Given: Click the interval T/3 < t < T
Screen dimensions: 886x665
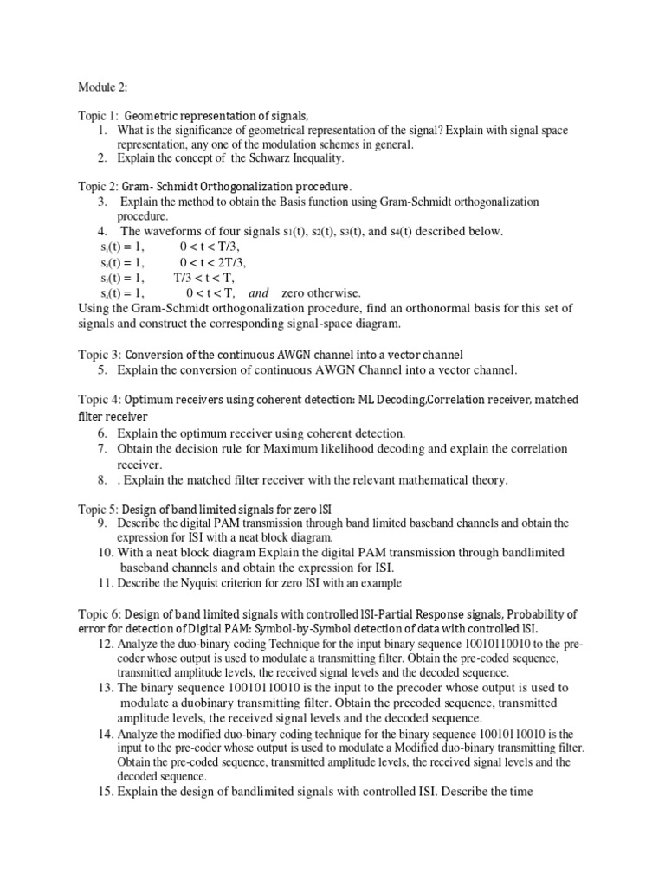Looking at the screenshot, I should [203, 278].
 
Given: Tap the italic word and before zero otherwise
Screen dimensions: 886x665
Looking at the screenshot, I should [259, 293].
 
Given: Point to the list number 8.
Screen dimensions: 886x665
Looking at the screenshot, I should [101, 480].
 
